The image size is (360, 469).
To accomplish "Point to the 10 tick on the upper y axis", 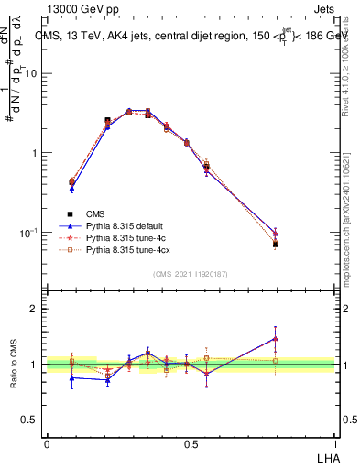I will click(35, 73).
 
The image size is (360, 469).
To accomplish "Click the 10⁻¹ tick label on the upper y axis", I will click(32, 233).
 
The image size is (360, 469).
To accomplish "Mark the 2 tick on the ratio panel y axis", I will click(38, 309).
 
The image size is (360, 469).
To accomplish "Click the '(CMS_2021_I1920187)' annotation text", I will click(191, 272).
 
